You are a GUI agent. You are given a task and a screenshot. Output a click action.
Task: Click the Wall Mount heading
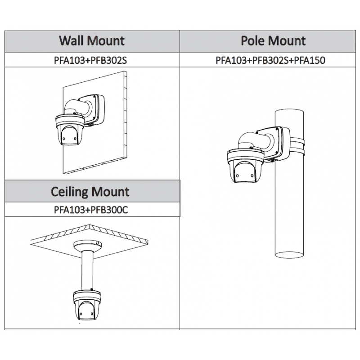pos(92,41)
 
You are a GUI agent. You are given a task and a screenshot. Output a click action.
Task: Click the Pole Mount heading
pos(273,41)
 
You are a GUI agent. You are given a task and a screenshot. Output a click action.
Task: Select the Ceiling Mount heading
pos(90,192)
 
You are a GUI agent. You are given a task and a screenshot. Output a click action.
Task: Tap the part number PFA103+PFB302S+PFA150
pos(270,60)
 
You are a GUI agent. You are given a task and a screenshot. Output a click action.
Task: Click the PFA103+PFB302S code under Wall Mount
pos(92,60)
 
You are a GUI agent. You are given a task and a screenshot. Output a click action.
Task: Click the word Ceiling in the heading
pos(68,192)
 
